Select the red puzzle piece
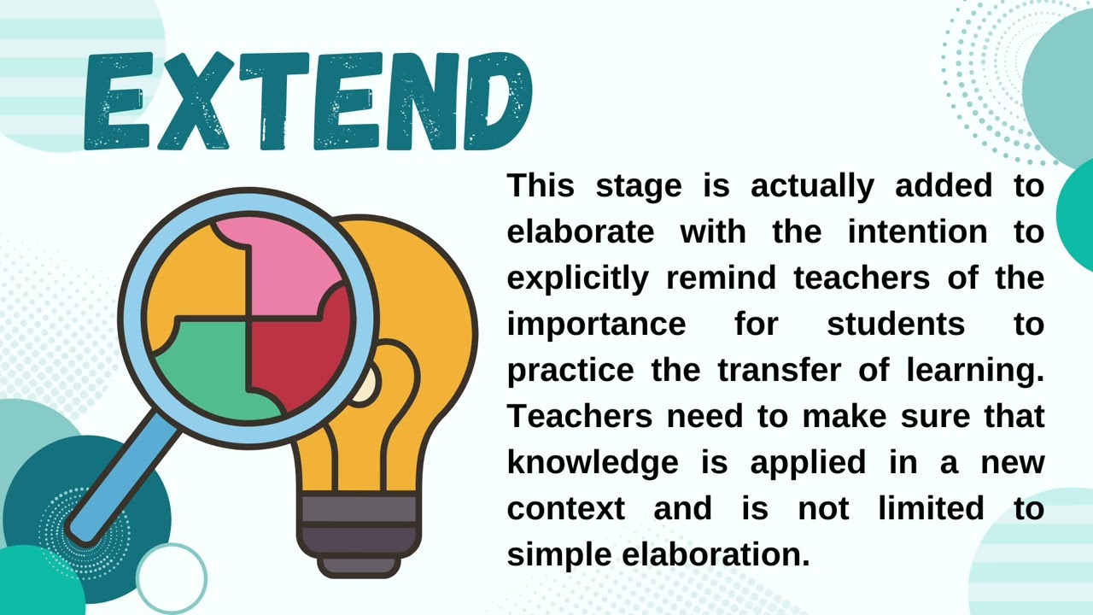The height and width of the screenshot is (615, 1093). point(303,350)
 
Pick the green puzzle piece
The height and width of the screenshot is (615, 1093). point(205,367)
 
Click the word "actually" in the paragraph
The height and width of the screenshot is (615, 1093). point(812,185)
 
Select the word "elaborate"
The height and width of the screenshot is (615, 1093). point(581,231)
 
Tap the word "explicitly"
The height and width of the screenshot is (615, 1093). point(577,278)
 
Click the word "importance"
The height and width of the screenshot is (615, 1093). point(596,325)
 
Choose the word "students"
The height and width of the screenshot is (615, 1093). point(896,325)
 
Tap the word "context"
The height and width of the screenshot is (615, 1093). point(566,509)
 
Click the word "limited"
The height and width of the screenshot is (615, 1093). point(931,509)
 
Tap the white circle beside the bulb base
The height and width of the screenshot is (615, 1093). point(172,577)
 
